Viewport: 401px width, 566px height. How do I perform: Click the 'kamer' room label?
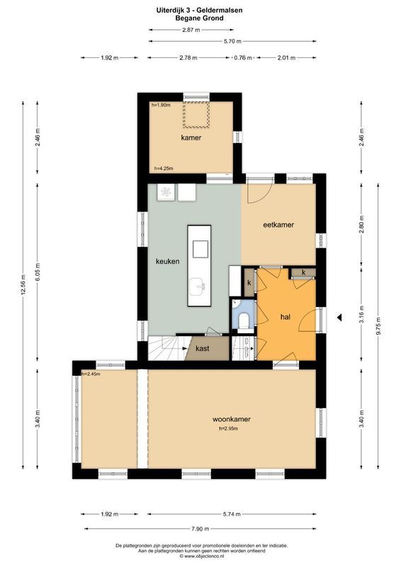191,138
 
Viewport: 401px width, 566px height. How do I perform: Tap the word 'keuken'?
168,261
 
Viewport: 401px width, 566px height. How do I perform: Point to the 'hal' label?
286,318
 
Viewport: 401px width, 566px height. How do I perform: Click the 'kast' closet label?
203,349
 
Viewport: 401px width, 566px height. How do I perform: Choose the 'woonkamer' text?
232,419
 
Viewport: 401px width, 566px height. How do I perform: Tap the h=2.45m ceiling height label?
91,374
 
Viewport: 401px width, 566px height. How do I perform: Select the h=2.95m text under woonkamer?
232,428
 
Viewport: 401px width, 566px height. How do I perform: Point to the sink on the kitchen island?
198,287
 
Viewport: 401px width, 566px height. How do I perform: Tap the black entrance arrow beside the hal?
339,318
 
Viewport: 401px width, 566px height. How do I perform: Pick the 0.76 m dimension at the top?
242,58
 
